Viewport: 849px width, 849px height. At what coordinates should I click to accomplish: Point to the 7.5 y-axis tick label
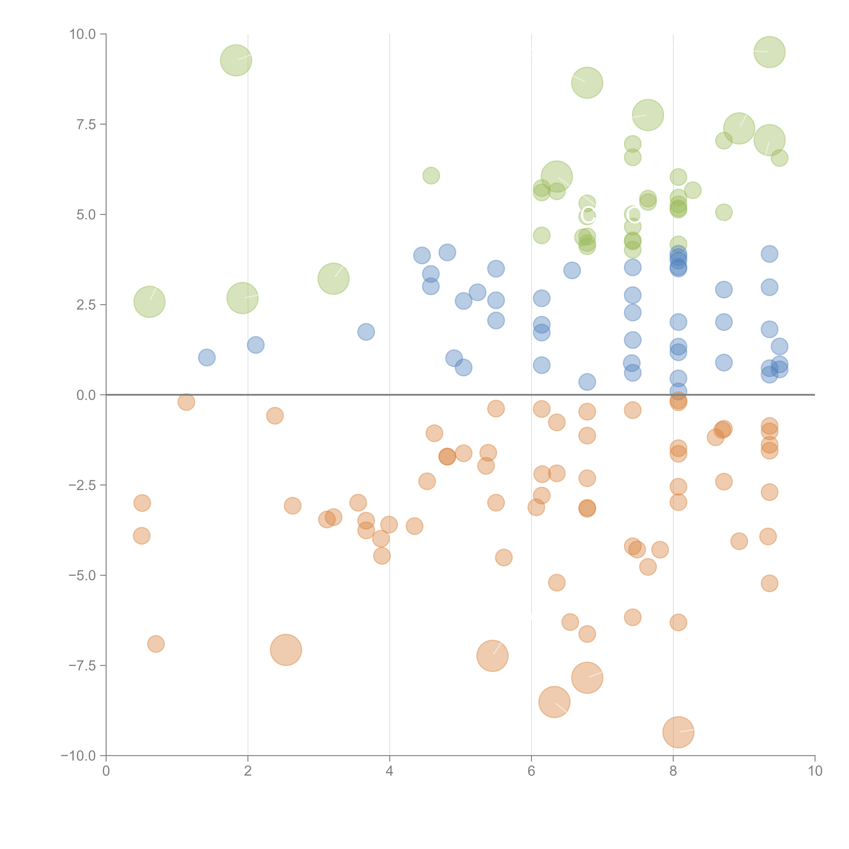click(x=86, y=124)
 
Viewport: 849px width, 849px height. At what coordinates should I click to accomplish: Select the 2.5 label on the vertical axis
click(x=86, y=305)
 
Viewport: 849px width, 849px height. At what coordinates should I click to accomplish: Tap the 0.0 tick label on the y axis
click(x=86, y=395)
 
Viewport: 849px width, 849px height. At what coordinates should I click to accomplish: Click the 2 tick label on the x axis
click(x=248, y=771)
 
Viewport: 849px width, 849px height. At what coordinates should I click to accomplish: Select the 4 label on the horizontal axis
click(x=389, y=771)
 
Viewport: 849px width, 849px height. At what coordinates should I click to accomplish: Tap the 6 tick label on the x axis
click(x=531, y=771)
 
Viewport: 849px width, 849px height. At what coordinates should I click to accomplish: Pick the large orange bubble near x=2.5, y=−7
click(x=286, y=650)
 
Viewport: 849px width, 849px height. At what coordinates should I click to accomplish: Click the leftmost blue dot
click(x=206, y=357)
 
